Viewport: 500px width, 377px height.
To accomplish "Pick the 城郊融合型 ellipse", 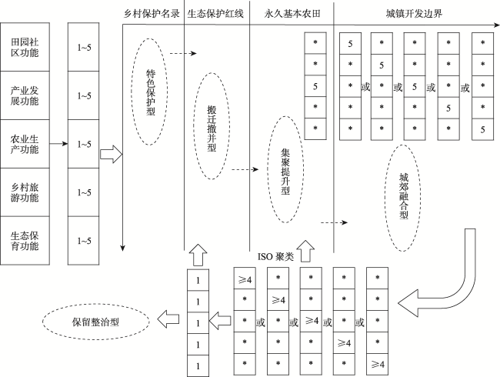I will click(404, 199).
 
